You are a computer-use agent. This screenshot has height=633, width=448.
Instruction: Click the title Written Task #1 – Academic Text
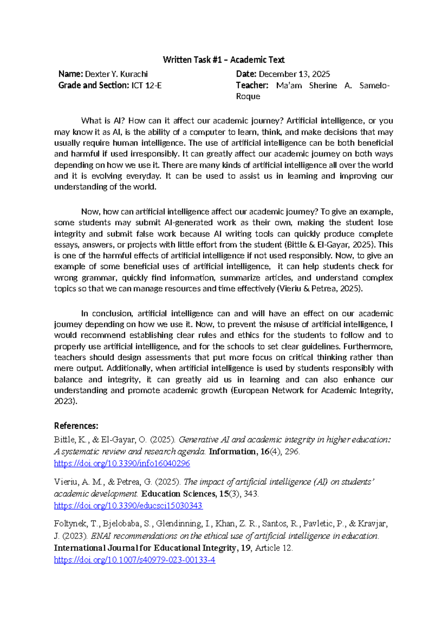(x=224, y=60)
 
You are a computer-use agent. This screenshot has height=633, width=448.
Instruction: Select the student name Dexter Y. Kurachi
(x=116, y=74)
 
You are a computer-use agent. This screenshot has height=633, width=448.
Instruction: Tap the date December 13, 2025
(x=294, y=74)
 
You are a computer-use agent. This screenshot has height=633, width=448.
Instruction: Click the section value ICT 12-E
(x=146, y=85)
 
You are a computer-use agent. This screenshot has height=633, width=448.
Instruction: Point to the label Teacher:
(x=252, y=85)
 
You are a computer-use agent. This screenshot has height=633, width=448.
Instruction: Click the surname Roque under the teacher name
(x=248, y=97)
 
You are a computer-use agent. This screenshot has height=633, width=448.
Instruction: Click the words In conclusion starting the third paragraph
(x=107, y=314)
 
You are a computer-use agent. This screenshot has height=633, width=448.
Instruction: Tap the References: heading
(x=76, y=426)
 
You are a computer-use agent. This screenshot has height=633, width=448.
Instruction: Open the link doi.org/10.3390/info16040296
(x=122, y=464)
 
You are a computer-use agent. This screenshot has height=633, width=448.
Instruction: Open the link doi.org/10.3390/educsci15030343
(x=128, y=506)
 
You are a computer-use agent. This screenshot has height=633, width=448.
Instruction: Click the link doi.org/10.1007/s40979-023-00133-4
(x=134, y=560)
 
